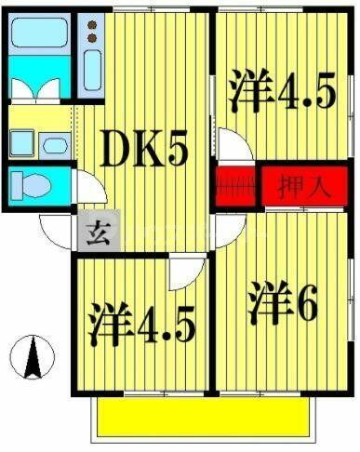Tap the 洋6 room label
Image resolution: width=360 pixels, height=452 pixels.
pyautogui.click(x=283, y=302)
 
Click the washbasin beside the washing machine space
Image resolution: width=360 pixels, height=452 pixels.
pyautogui.click(x=55, y=143)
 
